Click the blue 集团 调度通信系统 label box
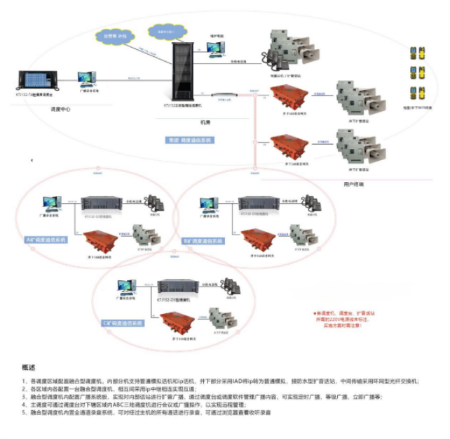pyautogui.click(x=189, y=140)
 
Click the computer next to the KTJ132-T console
pyautogui.click(x=89, y=78)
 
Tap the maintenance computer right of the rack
pyautogui.click(x=214, y=46)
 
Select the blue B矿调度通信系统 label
pyautogui.click(x=203, y=241)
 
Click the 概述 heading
pyautogui.click(x=29, y=367)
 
